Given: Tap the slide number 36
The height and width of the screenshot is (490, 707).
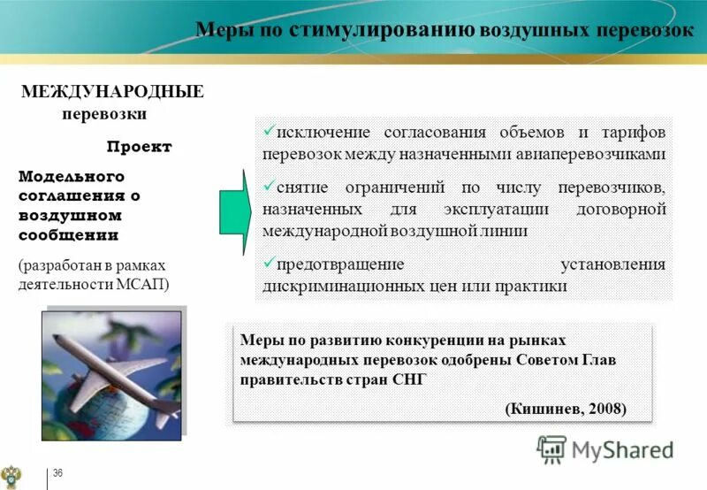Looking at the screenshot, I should (58, 475).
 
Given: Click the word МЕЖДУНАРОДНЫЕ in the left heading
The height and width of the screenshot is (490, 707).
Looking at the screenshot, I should (112, 92).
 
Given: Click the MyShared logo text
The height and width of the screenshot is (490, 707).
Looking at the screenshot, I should (622, 450).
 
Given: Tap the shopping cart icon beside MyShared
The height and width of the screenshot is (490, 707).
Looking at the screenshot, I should (551, 450).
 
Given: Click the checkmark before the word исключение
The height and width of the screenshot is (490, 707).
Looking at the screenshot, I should (269, 130).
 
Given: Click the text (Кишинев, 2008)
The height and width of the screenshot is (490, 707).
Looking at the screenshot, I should (566, 409).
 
